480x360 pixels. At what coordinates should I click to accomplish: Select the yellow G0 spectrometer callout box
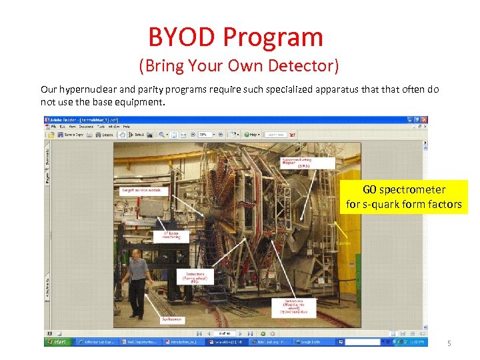click(404, 197)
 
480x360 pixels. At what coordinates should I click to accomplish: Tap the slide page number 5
click(449, 343)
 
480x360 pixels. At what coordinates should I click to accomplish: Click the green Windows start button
click(59, 342)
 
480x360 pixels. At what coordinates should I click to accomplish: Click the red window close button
click(424, 120)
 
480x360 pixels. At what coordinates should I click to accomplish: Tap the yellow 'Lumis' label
click(344, 243)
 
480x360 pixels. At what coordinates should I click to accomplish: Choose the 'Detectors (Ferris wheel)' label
click(195, 277)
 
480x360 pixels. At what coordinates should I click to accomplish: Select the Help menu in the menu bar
click(127, 126)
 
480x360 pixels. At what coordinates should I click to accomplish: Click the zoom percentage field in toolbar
click(203, 135)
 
